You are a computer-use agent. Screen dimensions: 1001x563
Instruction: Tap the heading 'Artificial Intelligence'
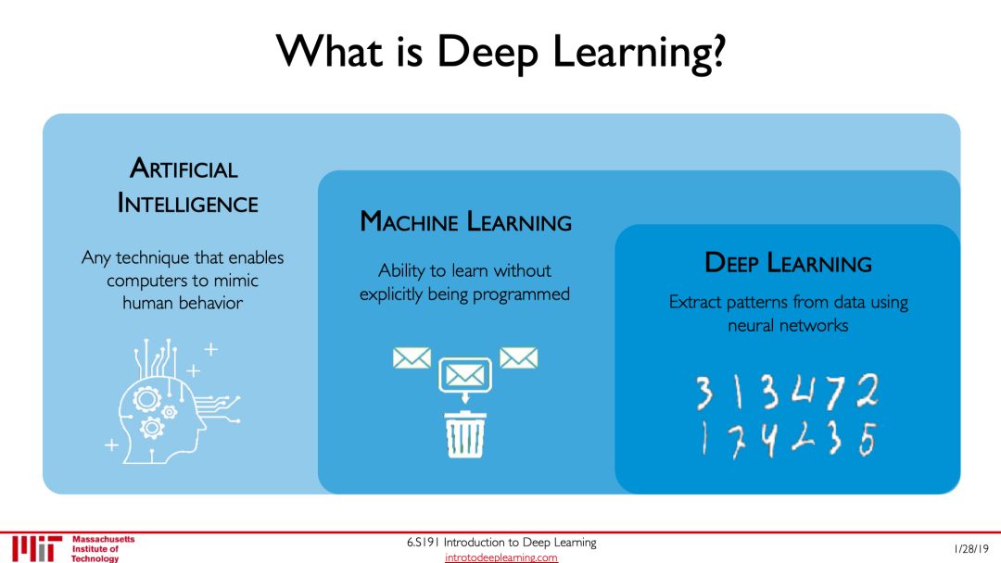tap(187, 185)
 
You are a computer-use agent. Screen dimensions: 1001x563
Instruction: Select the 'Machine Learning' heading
tap(465, 222)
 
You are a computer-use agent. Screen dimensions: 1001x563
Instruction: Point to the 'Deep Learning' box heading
tap(788, 263)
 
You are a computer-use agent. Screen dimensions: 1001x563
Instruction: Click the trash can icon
tap(465, 434)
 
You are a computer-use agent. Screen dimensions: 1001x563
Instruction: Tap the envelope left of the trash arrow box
tap(411, 357)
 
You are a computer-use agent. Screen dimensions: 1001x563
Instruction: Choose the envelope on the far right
tap(518, 357)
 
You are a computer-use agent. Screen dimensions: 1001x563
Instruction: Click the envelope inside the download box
tap(464, 373)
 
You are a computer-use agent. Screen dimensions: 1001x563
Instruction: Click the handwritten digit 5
tap(866, 441)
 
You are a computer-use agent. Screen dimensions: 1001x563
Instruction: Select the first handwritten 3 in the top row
tap(705, 394)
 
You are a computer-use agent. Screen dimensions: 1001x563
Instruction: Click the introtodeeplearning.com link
tap(501, 557)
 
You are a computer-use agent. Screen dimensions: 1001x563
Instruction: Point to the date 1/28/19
tap(971, 548)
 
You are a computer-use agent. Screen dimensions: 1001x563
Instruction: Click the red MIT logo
tap(37, 548)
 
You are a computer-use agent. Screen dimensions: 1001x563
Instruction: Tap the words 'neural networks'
tap(788, 325)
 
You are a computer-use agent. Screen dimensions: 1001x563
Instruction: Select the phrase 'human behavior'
tap(183, 302)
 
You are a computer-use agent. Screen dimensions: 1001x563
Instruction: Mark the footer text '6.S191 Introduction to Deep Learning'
tap(501, 543)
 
